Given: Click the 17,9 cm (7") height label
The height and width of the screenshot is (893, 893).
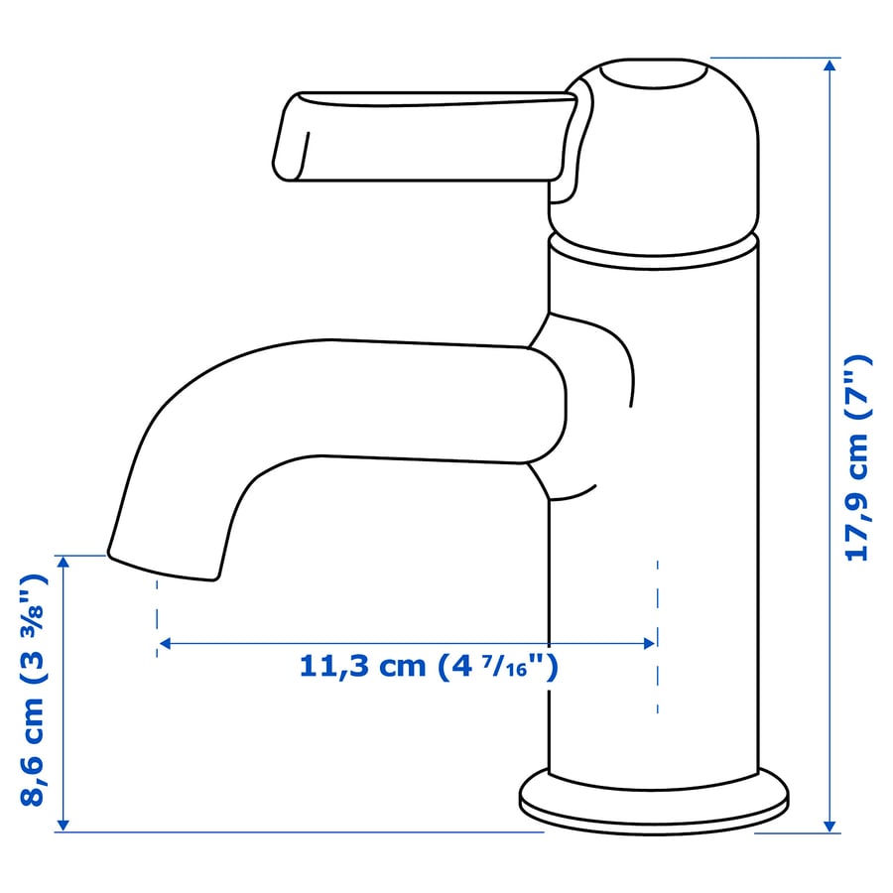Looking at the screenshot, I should [x=855, y=457].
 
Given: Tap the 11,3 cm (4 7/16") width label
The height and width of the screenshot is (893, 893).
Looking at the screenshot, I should [x=429, y=666].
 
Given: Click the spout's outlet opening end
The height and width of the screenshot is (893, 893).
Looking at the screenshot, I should [x=163, y=568].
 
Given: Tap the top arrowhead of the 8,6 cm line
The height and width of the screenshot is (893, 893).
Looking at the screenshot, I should [x=63, y=562].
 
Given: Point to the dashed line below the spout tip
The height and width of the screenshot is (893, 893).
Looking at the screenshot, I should [x=157, y=615].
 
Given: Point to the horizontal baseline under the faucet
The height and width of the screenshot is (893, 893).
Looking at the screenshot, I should [x=298, y=831].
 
